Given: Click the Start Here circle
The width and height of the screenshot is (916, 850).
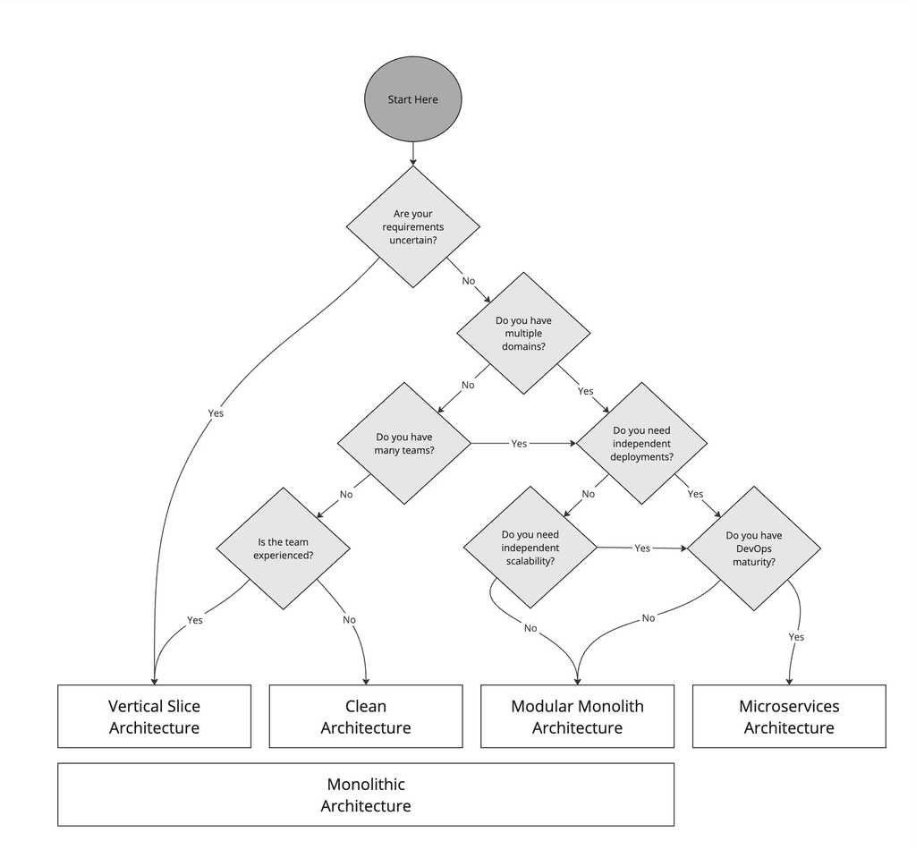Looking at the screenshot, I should tap(412, 99).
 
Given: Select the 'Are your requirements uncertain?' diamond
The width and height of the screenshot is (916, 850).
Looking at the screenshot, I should tap(412, 226).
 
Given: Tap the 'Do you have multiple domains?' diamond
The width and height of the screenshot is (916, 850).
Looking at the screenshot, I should tap(523, 333).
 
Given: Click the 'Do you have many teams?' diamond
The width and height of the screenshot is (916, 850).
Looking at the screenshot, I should tap(403, 443).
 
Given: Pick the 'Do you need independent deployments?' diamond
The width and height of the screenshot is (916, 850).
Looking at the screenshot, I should tap(641, 443).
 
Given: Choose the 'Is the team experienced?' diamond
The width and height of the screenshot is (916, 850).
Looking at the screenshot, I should tap(283, 548).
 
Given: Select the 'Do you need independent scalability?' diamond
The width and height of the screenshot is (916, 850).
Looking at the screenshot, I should tap(530, 547).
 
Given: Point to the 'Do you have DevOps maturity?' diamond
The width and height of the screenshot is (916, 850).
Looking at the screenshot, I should tap(753, 548).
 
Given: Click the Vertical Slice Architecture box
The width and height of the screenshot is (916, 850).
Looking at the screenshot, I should tap(154, 716).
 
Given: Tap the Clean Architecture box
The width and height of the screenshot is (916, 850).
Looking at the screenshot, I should tap(365, 716).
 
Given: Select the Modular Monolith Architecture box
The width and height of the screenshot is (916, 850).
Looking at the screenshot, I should tap(577, 716).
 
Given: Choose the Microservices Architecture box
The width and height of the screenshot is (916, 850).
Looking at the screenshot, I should tap(788, 716).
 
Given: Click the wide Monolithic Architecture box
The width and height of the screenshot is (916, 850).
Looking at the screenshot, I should tap(365, 794).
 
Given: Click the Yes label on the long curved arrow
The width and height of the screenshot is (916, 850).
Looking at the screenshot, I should tap(216, 413).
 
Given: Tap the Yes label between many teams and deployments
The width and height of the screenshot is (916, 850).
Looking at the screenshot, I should tap(519, 444).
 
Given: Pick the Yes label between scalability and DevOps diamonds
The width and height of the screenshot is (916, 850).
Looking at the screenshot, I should tap(641, 548).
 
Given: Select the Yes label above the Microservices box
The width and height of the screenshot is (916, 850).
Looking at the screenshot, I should tap(795, 637).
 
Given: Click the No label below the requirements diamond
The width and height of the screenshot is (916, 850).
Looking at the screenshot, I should tap(468, 281).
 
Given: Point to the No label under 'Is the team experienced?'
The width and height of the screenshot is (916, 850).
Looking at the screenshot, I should tap(349, 620).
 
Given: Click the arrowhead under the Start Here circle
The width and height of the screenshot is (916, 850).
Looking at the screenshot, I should tap(412, 162).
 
